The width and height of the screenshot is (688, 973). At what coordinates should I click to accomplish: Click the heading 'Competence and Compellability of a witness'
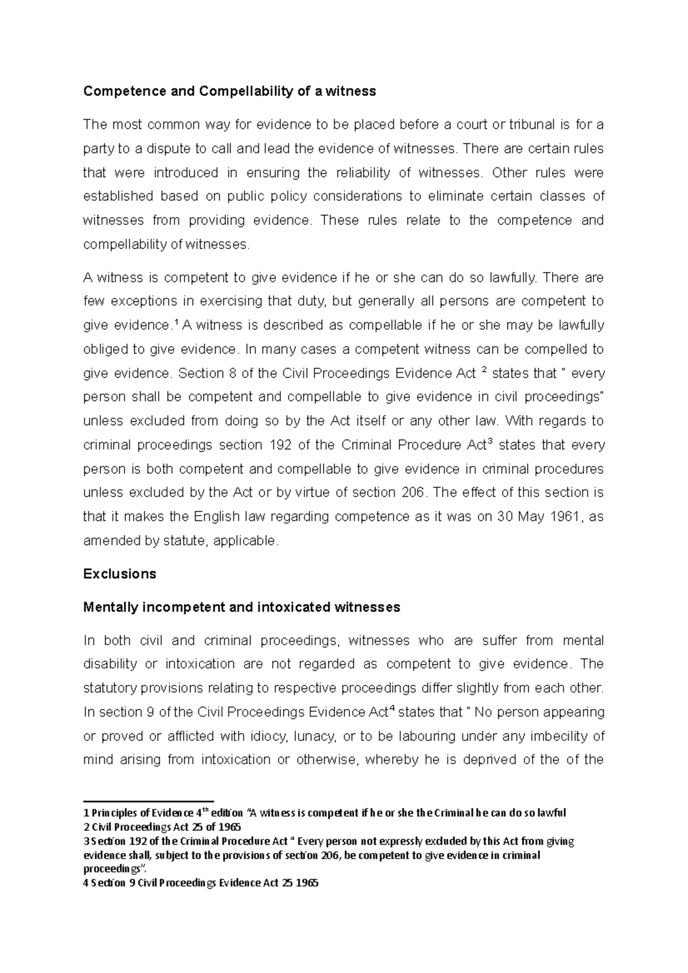click(229, 91)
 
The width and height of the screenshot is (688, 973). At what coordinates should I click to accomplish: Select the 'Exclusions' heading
click(119, 574)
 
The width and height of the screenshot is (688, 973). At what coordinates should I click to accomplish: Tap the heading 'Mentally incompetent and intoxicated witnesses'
click(241, 607)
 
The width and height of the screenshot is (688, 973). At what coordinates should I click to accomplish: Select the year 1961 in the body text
click(565, 516)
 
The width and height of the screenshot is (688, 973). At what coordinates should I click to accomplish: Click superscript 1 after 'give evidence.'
click(175, 323)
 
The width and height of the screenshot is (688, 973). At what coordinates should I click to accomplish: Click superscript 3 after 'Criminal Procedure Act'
click(490, 442)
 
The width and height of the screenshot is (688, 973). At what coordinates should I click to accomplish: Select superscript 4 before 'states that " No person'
click(392, 709)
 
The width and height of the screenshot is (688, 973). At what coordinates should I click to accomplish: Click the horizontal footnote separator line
click(148, 801)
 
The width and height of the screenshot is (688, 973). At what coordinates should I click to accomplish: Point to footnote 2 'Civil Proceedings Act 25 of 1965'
click(162, 827)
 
